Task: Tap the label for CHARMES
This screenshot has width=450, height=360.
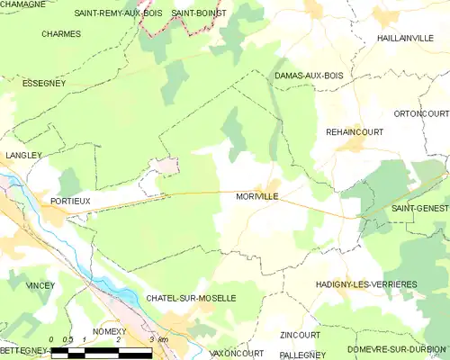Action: click(61, 34)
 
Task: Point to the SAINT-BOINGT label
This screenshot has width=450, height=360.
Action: click(199, 13)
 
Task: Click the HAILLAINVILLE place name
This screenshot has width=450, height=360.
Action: click(406, 38)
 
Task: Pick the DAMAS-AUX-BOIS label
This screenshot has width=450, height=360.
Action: click(309, 76)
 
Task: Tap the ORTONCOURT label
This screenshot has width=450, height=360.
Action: click(421, 113)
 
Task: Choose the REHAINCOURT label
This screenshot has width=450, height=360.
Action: click(354, 131)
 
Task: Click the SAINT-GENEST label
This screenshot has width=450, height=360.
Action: click(419, 208)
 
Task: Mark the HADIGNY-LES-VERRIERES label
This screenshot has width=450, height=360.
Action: click(366, 284)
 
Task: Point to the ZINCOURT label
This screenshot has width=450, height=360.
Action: click(300, 335)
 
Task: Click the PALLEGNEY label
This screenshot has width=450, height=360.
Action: click(302, 355)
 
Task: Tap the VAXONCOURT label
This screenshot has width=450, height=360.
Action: click(236, 354)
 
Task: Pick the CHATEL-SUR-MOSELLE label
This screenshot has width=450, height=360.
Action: click(191, 297)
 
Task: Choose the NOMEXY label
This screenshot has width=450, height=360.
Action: click(109, 331)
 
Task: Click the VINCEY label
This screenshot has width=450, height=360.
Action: click(40, 285)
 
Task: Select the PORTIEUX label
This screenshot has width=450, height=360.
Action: click(70, 201)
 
